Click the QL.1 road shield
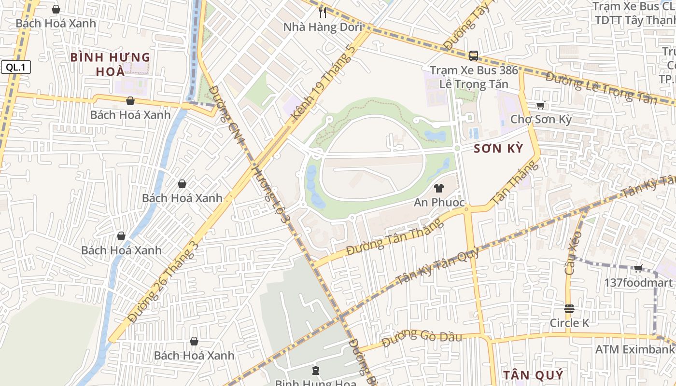click(x=15, y=68)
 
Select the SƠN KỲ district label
click(x=498, y=149)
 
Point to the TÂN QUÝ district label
click(x=533, y=375)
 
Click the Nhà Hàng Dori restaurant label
click(x=323, y=27)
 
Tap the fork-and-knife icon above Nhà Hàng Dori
click(x=323, y=12)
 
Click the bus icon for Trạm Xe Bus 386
click(x=473, y=55)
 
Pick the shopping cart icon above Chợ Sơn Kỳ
click(x=540, y=105)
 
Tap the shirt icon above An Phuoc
click(x=438, y=188)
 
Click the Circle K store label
click(x=569, y=323)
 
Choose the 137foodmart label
click(x=638, y=283)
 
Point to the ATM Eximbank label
click(x=634, y=349)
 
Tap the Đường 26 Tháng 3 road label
click(x=164, y=281)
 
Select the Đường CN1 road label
click(x=228, y=116)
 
